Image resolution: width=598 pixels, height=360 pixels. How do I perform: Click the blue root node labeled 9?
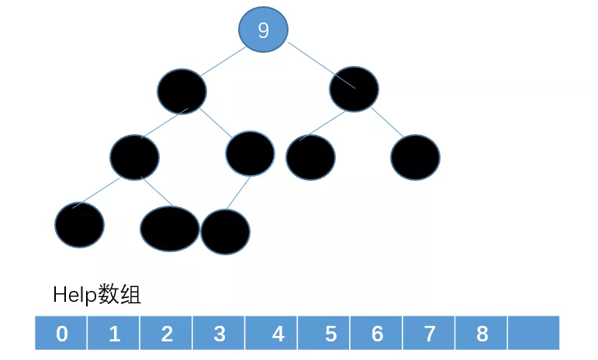click(263, 30)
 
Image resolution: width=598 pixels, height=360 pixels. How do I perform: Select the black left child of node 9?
click(181, 91)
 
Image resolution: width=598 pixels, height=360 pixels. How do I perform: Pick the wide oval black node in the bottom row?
click(169, 229)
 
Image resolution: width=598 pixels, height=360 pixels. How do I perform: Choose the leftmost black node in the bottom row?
click(79, 224)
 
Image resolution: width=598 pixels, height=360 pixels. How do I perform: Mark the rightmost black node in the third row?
click(415, 157)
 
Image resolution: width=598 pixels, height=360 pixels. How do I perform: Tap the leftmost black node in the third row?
click(134, 157)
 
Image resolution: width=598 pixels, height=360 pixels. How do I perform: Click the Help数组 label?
click(97, 295)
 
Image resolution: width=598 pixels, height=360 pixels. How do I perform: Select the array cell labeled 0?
click(61, 334)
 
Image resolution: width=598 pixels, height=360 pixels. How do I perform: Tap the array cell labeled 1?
click(114, 334)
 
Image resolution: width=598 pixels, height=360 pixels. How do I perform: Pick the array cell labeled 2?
click(167, 334)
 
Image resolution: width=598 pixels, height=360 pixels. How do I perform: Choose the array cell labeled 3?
click(219, 334)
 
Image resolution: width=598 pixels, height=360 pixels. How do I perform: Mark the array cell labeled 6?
click(377, 334)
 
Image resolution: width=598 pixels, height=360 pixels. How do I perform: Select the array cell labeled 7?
click(430, 334)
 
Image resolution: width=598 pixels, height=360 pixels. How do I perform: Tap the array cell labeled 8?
click(482, 334)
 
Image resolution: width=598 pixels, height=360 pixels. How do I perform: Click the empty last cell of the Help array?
click(534, 334)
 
